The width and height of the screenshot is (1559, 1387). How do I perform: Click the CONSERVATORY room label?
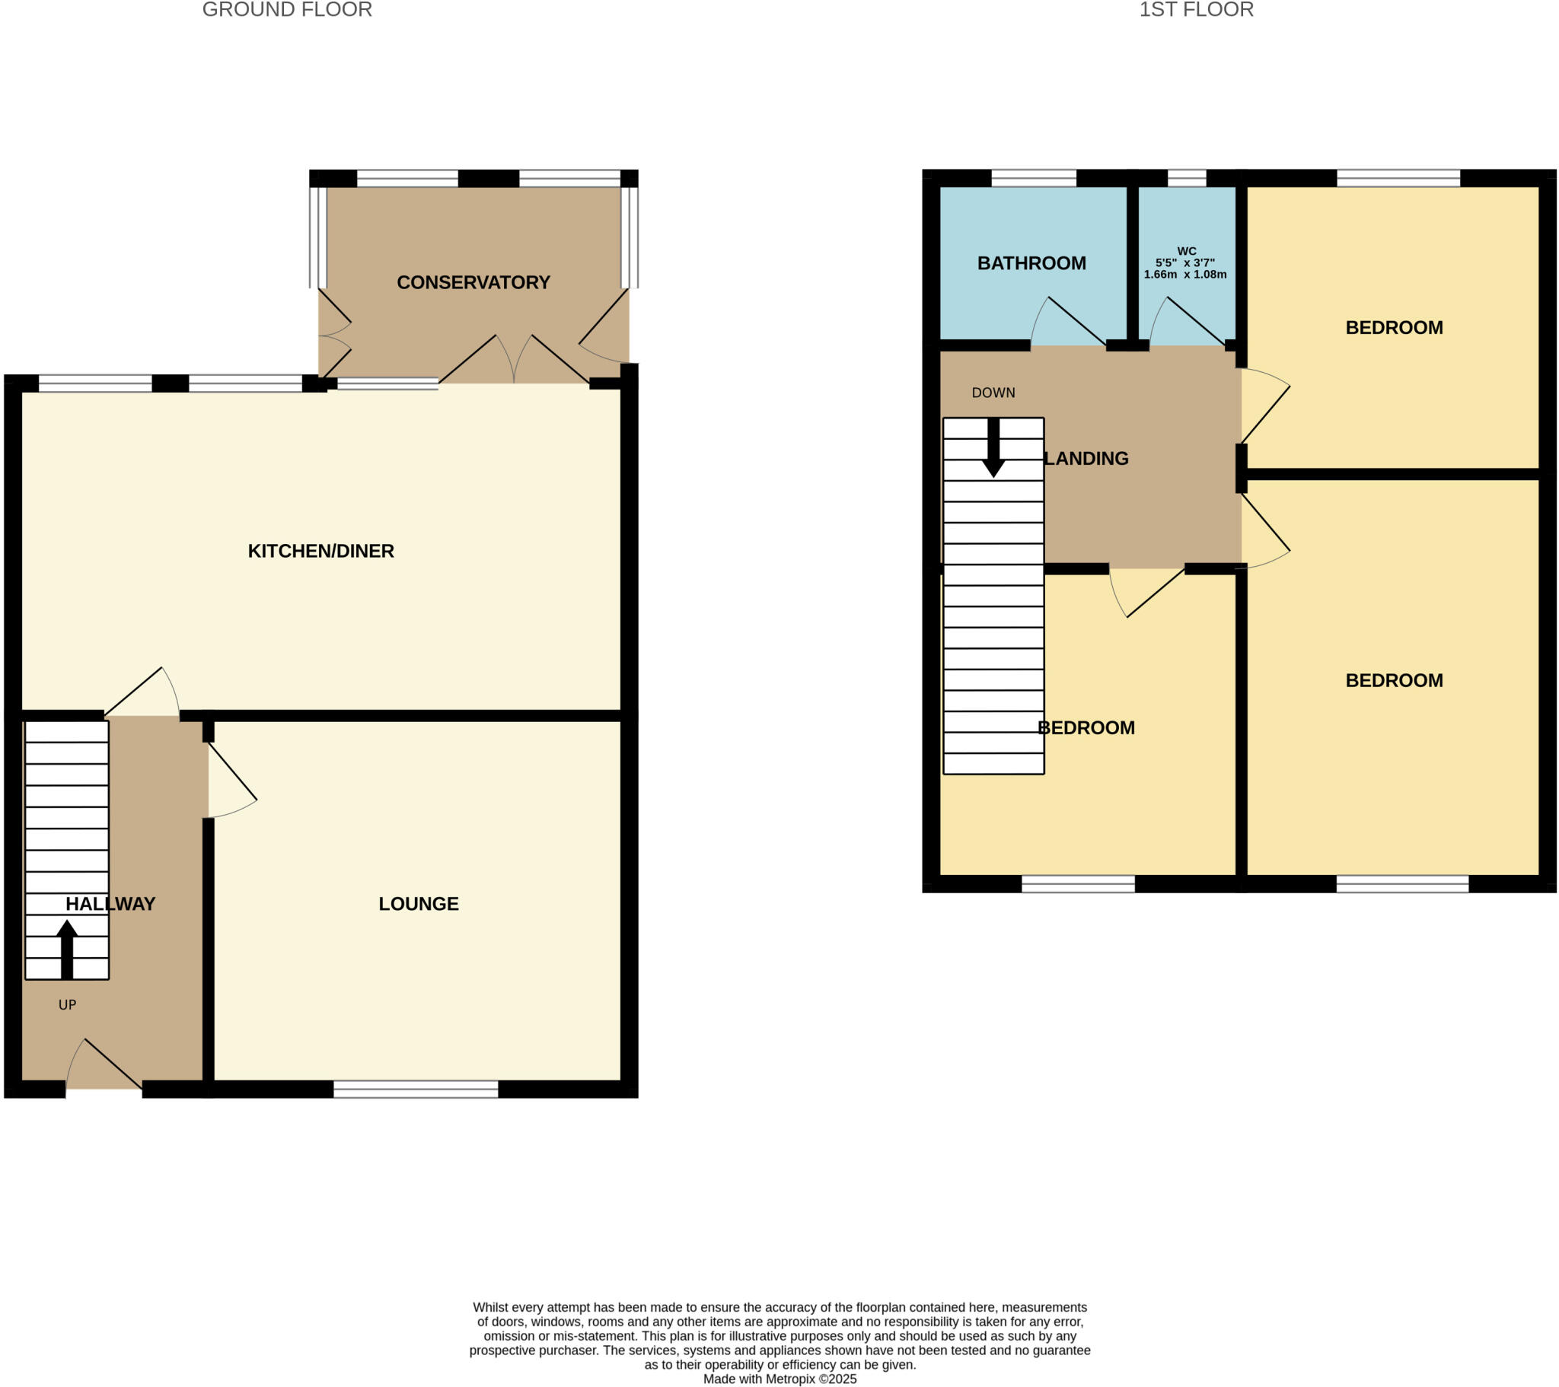point(473,283)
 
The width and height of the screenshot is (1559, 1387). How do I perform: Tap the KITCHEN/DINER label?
point(320,552)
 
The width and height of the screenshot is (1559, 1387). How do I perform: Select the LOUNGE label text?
point(419,905)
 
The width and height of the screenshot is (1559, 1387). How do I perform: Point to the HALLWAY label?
point(110,905)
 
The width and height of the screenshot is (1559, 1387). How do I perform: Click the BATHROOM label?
point(1031,263)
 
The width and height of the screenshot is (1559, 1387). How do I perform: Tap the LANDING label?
point(1086,459)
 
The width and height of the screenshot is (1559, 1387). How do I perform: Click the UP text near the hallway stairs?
point(67,1005)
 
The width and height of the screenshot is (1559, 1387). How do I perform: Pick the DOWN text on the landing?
point(993,393)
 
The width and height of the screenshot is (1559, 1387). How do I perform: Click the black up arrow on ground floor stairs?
point(67,949)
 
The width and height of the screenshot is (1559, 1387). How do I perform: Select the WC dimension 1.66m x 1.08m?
point(1185,275)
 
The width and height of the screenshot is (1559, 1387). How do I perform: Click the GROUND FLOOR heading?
point(287,10)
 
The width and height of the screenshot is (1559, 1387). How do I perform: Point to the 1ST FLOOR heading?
point(1196,10)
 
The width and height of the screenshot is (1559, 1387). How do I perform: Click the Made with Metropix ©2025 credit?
point(779,1379)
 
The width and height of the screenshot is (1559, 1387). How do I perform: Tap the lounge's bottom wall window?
point(416,1090)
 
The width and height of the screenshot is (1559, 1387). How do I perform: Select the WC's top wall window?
point(1187,180)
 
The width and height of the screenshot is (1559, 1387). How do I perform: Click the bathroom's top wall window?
point(1034,180)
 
